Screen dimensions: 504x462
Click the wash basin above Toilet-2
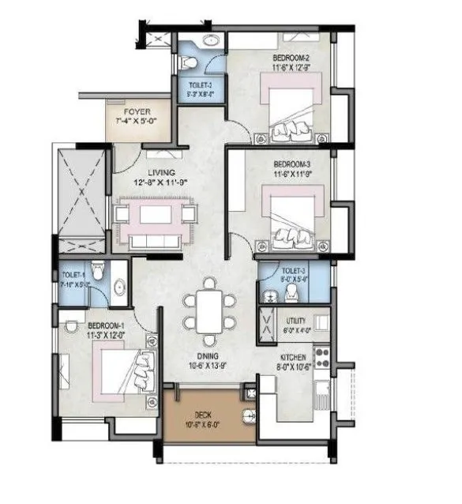211,40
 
